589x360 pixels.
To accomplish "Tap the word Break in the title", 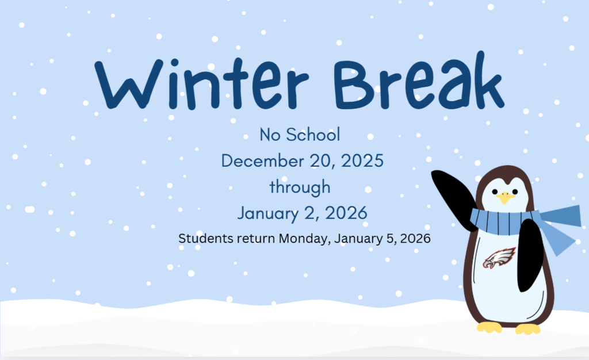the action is [x=419, y=81].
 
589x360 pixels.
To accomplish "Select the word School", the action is [x=313, y=135].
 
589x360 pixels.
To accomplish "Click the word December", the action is [x=262, y=160].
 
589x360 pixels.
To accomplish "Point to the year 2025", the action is [x=362, y=160].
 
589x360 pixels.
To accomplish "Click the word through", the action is [x=300, y=187].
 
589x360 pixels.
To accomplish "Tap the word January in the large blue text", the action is [x=268, y=213].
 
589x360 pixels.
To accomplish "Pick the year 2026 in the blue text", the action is [x=346, y=213].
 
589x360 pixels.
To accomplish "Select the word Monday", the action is [x=305, y=239].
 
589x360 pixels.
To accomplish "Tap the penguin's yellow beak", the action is [x=505, y=197].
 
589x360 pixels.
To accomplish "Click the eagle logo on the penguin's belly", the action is [x=499, y=258].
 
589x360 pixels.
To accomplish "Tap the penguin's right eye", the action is [x=515, y=192].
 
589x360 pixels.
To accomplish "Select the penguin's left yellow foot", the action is [x=489, y=327].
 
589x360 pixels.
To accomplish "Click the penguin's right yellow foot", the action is [x=528, y=329].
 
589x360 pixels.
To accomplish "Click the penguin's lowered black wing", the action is [x=530, y=255].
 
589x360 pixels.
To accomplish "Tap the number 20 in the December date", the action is [x=322, y=160].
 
